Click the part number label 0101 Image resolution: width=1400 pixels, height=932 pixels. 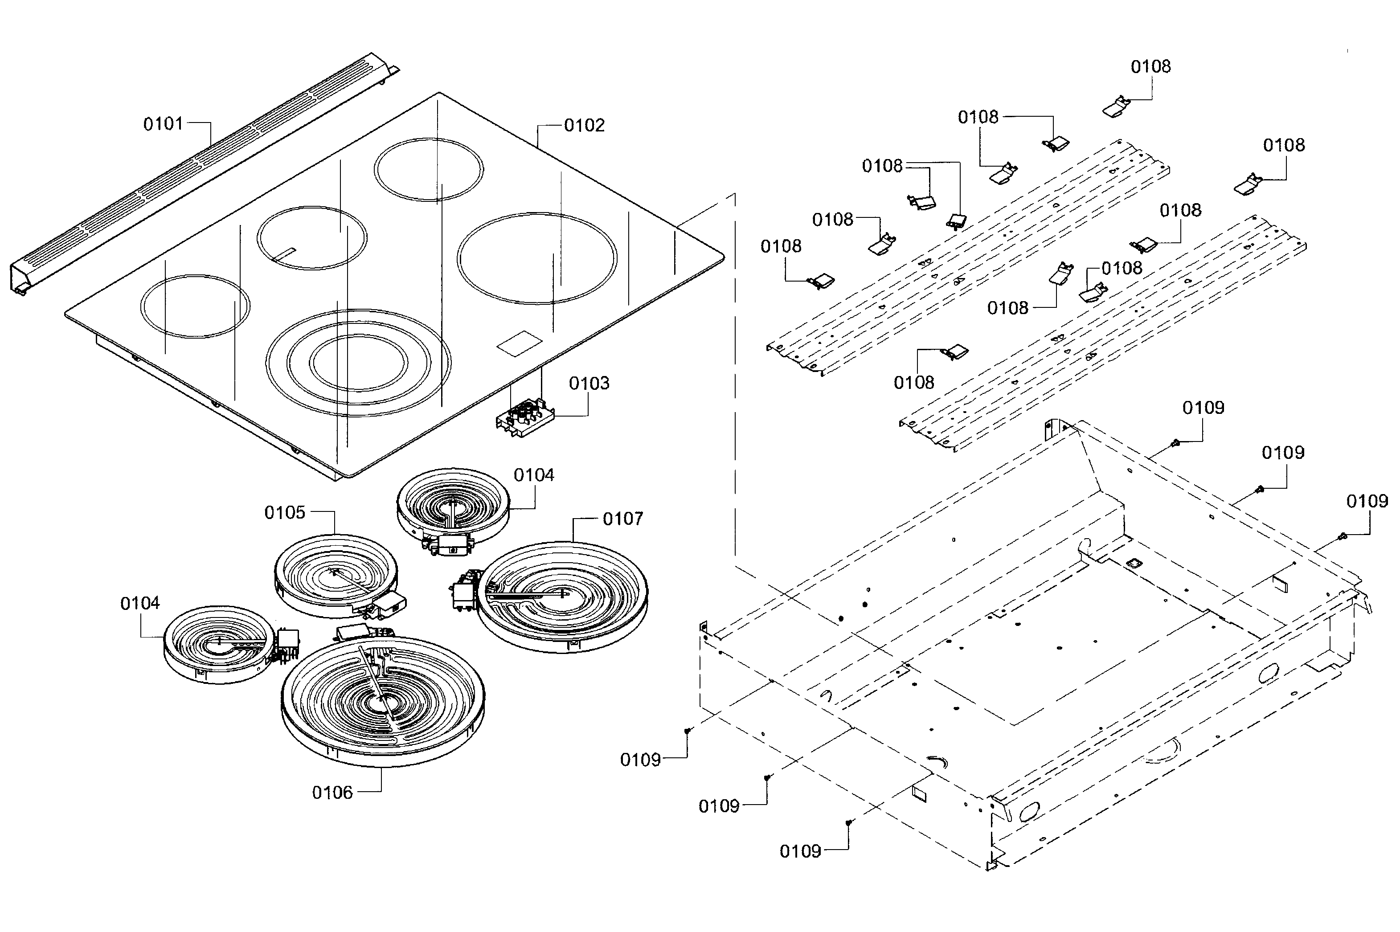163,124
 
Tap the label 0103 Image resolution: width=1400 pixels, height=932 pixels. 589,384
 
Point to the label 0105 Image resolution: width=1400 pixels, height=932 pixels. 285,512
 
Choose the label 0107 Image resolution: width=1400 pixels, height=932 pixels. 622,519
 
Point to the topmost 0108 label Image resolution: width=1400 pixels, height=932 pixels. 1150,66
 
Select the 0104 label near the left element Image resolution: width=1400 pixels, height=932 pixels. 140,604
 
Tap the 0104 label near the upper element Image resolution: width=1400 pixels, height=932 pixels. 533,475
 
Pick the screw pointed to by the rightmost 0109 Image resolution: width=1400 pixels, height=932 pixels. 1342,537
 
